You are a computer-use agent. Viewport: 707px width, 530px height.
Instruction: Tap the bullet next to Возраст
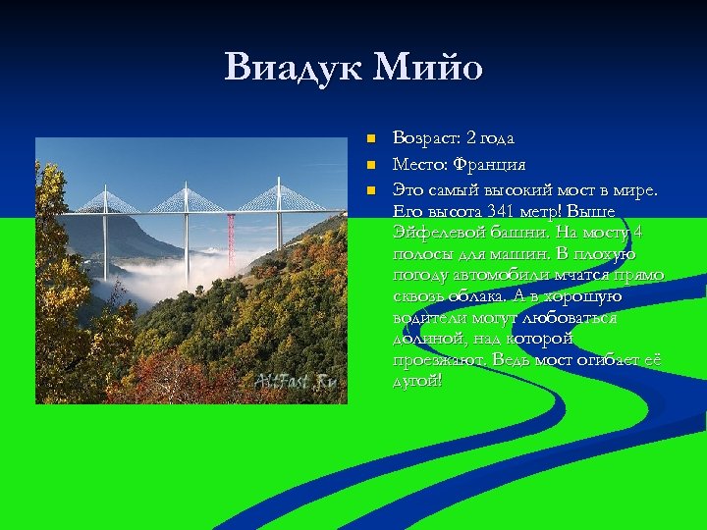click(x=370, y=138)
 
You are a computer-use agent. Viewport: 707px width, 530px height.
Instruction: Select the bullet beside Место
click(x=370, y=163)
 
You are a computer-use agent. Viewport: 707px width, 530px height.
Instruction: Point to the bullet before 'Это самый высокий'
click(x=370, y=187)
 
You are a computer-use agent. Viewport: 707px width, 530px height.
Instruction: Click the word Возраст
click(x=425, y=138)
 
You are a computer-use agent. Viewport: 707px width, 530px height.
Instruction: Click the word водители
click(x=427, y=318)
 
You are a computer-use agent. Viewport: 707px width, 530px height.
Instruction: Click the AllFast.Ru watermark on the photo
click(x=295, y=382)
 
